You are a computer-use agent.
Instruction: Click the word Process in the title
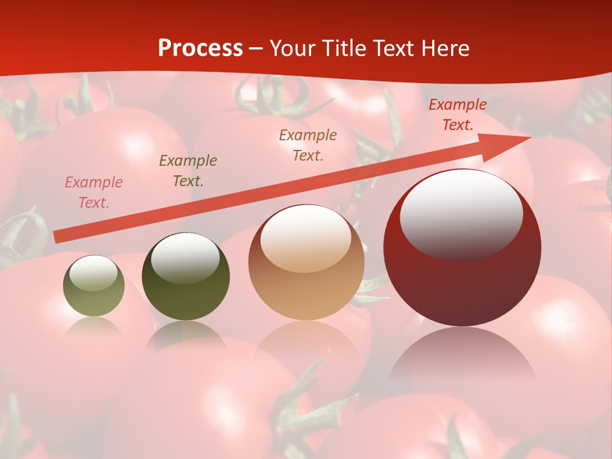click(200, 48)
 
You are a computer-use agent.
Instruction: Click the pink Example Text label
click(94, 193)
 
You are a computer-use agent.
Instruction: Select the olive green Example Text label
click(188, 171)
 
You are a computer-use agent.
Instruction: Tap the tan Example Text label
click(308, 145)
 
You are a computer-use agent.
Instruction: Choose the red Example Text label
click(458, 115)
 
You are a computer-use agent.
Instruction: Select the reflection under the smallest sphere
click(94, 326)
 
